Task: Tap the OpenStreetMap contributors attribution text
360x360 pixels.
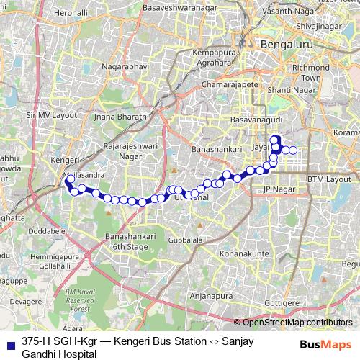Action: click(x=297, y=323)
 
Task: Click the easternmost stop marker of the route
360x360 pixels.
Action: click(x=294, y=150)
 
